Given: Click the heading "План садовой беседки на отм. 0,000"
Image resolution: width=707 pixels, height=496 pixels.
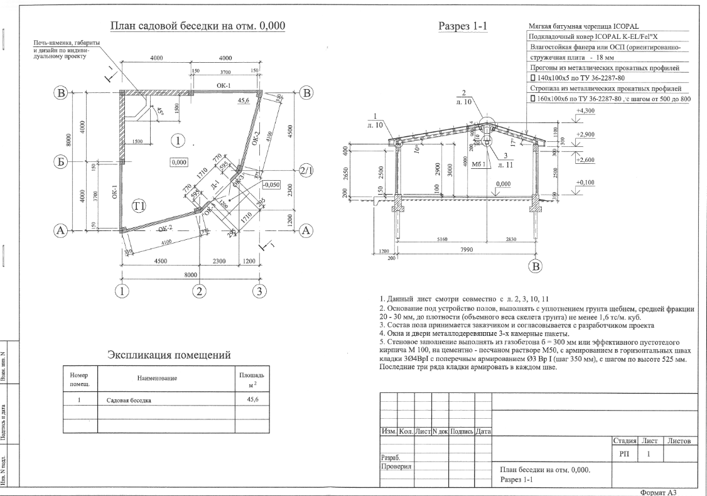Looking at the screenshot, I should pyautogui.click(x=198, y=26).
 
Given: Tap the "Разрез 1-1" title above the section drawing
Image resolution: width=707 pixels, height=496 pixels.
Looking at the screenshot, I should pyautogui.click(x=465, y=26).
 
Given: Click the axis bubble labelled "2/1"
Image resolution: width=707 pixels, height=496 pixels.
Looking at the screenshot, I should pyautogui.click(x=306, y=171).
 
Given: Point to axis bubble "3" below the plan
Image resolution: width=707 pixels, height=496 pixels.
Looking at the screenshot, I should pyautogui.click(x=259, y=291).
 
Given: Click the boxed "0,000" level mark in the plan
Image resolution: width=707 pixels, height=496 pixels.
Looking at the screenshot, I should pyautogui.click(x=179, y=162).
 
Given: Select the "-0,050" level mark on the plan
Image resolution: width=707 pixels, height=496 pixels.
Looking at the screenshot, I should pyautogui.click(x=271, y=186).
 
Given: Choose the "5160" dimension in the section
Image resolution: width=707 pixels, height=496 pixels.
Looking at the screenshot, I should pyautogui.click(x=438, y=239).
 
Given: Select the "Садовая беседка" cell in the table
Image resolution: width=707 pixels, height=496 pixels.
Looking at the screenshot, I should pyautogui.click(x=128, y=400).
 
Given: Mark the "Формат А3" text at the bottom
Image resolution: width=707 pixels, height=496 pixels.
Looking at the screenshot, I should pyautogui.click(x=657, y=492).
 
